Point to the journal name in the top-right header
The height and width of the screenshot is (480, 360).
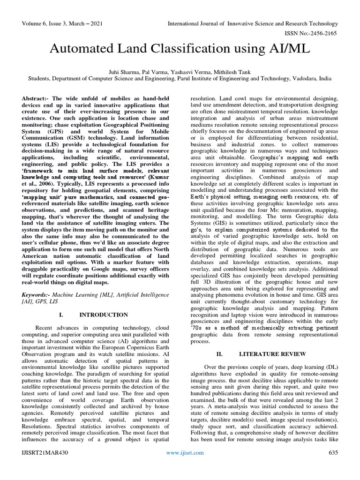click(x=254, y=23)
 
